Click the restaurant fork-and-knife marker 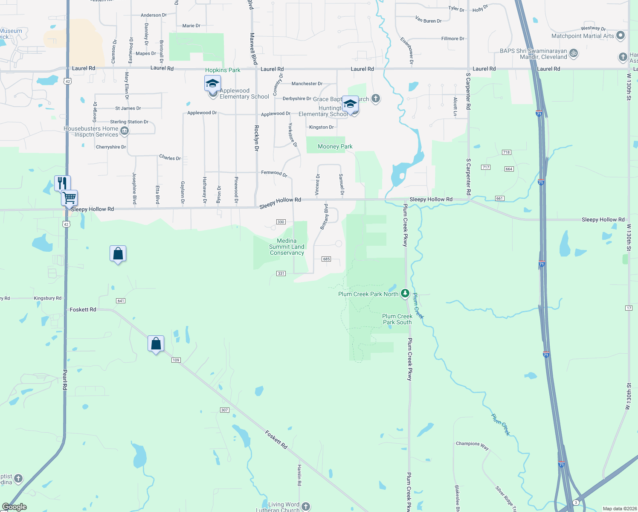click(62, 183)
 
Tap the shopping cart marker click(69, 198)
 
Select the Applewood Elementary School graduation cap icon click(212, 83)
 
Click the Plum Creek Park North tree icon click(405, 293)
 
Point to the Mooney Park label click(335, 146)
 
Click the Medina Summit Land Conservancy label click(287, 247)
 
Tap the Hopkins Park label click(223, 70)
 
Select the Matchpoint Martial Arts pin click(621, 35)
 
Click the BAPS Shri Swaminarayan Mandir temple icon click(574, 53)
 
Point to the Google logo click(14, 506)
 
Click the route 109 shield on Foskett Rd click(176, 360)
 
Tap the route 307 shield click(225, 410)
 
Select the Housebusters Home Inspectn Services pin click(125, 131)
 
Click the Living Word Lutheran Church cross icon click(305, 506)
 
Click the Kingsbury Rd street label click(47, 298)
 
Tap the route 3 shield click(576, 503)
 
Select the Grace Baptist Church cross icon click(375, 99)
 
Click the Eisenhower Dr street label click(407, 50)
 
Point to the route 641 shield click(121, 301)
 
